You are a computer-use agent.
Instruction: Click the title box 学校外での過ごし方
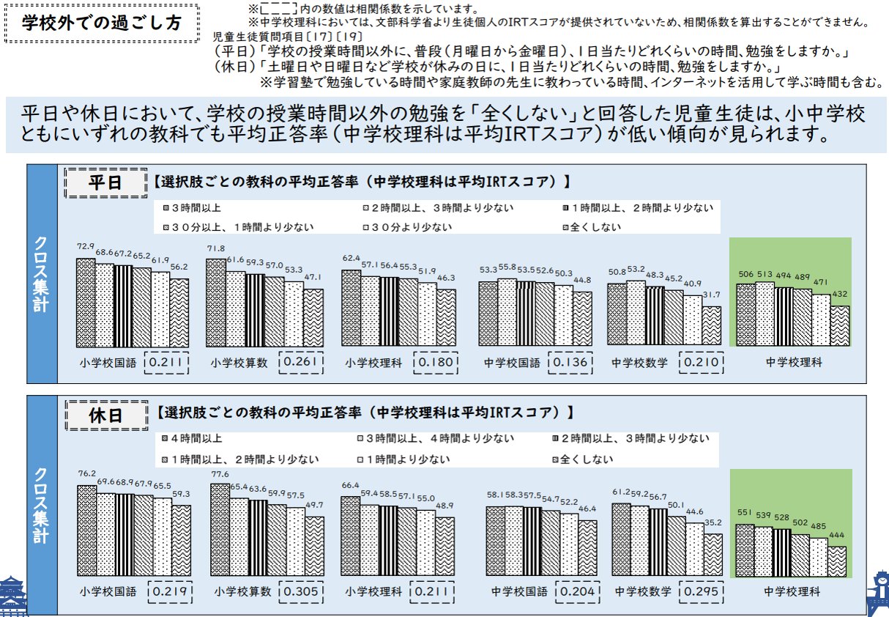[101, 22]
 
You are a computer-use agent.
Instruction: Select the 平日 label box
[104, 182]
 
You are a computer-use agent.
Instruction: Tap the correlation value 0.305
[299, 591]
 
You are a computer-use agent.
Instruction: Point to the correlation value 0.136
[569, 363]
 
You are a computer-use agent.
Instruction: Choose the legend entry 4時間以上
[196, 440]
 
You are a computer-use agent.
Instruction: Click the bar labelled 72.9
[86, 302]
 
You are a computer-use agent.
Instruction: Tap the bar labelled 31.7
[711, 326]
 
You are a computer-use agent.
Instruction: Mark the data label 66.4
[351, 485]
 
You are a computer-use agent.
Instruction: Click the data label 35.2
[713, 522]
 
